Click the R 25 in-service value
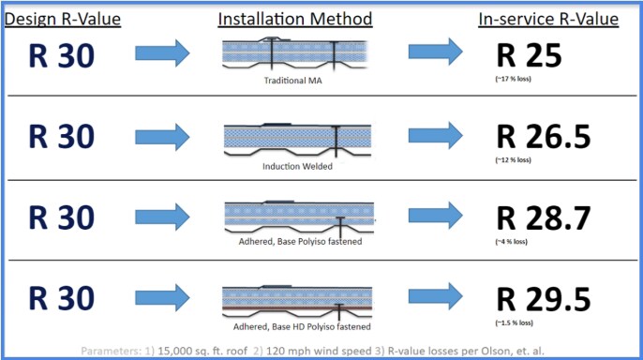(528, 56)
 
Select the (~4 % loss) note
(512, 242)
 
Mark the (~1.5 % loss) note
(514, 322)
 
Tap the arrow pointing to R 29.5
(436, 298)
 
